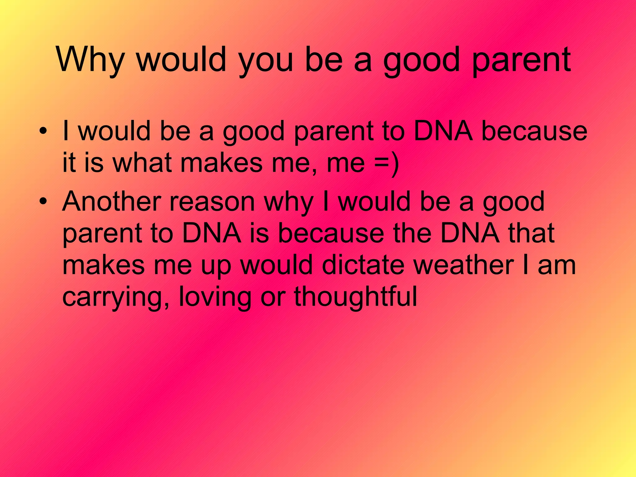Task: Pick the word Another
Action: click(x=111, y=202)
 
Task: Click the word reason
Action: click(x=212, y=202)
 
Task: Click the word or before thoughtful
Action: click(x=273, y=298)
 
